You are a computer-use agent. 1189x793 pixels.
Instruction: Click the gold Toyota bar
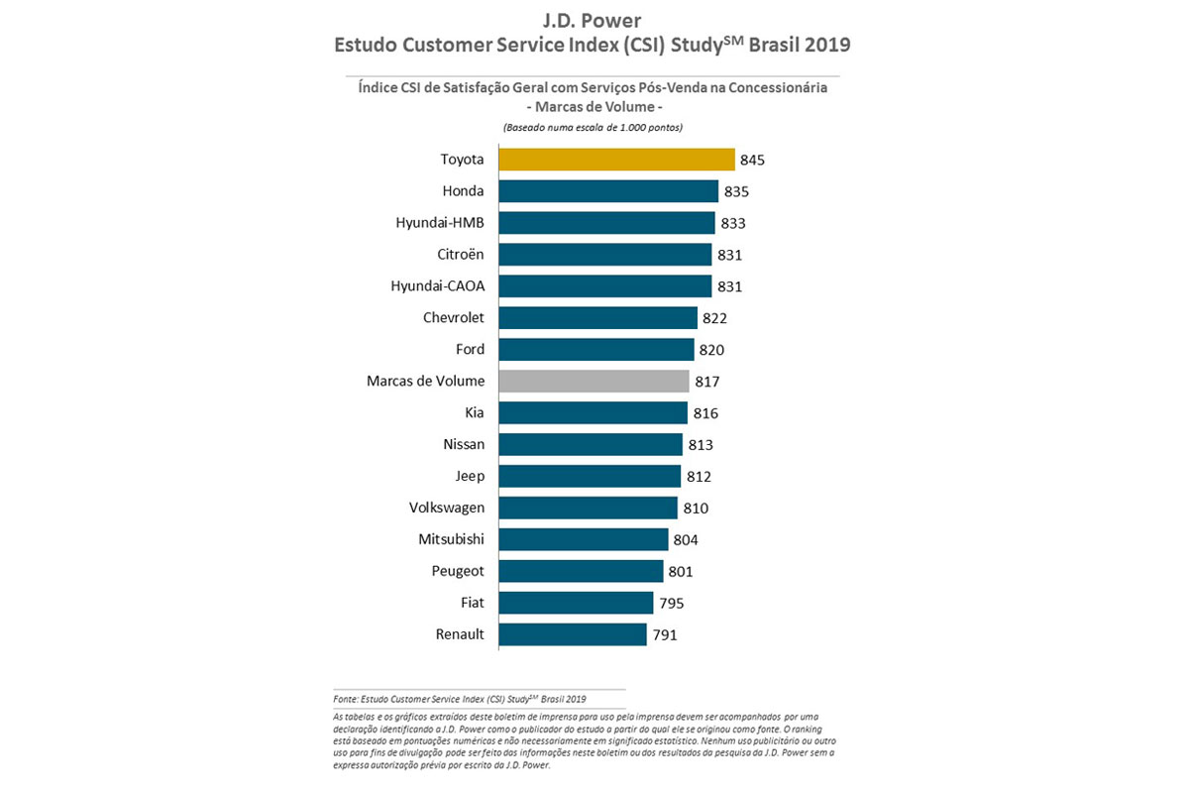pos(616,160)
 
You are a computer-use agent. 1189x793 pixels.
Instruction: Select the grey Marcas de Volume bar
pos(594,381)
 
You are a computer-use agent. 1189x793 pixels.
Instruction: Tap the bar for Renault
pos(572,634)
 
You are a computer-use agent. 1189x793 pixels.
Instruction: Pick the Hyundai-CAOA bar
pos(604,286)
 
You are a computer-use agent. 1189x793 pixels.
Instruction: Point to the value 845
pos(753,160)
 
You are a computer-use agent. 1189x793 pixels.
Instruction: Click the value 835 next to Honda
pos(736,191)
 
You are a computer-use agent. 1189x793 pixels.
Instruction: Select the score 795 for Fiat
pos(671,603)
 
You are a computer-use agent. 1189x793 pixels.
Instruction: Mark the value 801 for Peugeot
pos(681,571)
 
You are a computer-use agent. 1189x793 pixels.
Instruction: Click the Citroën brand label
pos(461,255)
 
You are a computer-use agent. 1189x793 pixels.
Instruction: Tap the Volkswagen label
pos(447,508)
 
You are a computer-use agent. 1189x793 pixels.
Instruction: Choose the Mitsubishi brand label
pos(452,539)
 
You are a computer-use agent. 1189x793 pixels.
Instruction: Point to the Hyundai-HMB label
pos(440,223)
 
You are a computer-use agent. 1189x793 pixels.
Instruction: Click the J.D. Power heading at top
pos(593,20)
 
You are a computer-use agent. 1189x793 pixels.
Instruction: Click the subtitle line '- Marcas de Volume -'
pos(593,106)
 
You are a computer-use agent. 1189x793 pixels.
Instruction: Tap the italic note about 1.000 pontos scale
pos(593,128)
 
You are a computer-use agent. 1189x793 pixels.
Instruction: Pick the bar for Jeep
pos(590,476)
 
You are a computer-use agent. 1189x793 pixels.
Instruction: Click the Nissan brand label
pos(462,444)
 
